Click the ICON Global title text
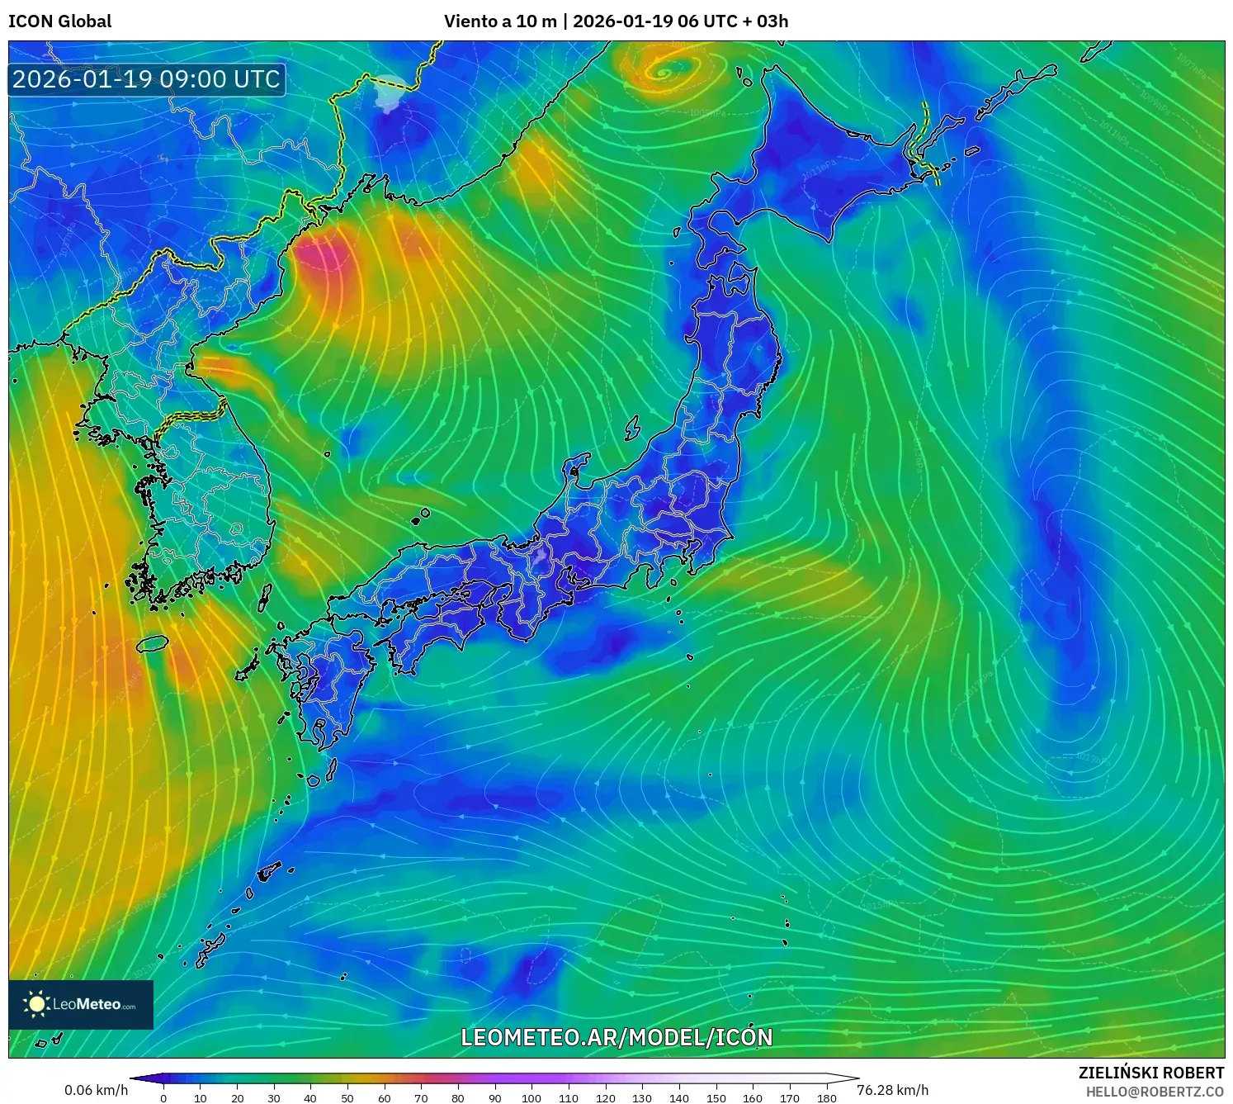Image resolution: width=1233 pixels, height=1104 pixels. [x=59, y=21]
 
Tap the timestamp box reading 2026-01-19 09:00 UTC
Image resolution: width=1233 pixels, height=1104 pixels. [x=147, y=79]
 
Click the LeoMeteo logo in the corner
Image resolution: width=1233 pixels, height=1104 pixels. [x=81, y=1004]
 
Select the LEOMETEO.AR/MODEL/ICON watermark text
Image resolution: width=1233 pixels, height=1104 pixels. [x=616, y=1038]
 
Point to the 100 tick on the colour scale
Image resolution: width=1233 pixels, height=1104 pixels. [x=531, y=1097]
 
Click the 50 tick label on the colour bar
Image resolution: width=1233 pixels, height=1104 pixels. [x=347, y=1097]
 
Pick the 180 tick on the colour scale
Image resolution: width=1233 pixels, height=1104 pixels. [x=826, y=1097]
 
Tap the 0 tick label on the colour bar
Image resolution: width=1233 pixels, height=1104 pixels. [x=163, y=1097]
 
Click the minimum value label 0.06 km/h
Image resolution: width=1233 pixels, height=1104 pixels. [x=96, y=1090]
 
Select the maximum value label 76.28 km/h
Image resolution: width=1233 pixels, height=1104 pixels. [x=892, y=1090]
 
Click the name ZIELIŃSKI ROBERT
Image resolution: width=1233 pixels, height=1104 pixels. [x=1150, y=1073]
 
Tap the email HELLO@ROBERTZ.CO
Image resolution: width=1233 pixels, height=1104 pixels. [x=1154, y=1092]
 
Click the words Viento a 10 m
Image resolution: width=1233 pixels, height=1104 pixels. [x=500, y=21]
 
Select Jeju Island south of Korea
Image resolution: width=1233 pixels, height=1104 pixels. [x=153, y=642]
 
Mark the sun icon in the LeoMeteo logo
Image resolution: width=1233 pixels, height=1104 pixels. [x=37, y=1004]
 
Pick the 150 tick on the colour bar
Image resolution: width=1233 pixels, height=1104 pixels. [x=716, y=1097]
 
